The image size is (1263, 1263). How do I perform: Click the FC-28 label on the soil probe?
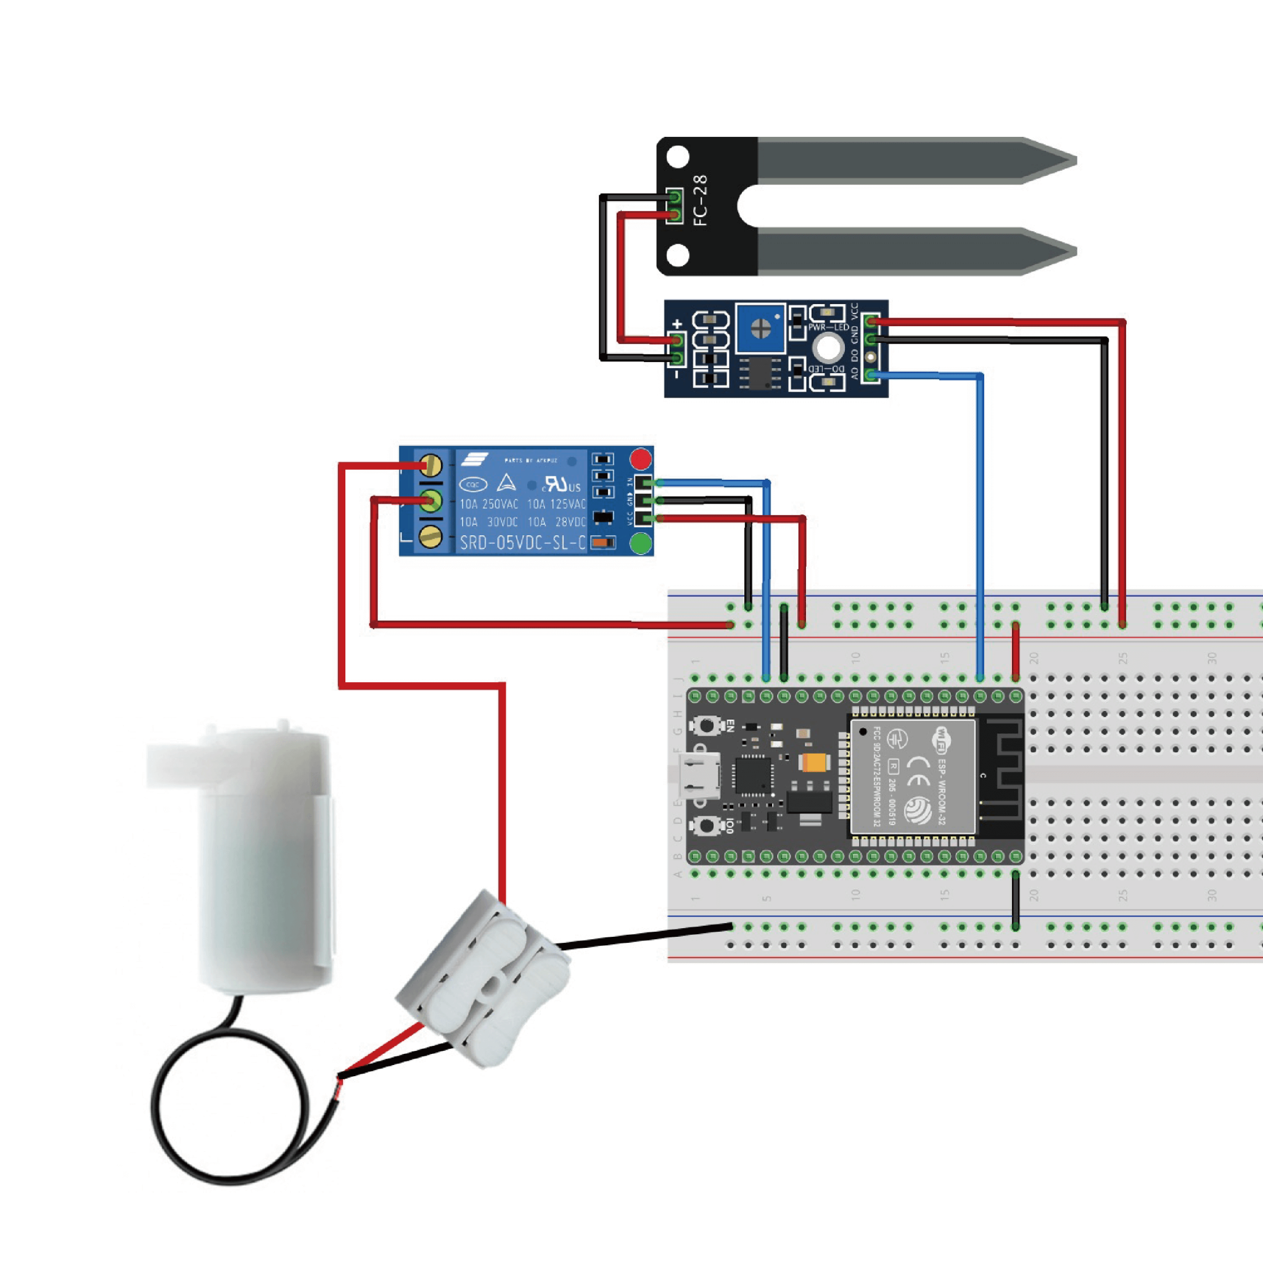tap(700, 200)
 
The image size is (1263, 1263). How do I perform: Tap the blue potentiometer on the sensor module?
tap(760, 327)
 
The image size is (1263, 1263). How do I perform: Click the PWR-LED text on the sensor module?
tap(828, 327)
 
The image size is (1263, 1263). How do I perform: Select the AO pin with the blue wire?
tap(870, 374)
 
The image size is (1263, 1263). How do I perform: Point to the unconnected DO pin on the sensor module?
tap(870, 357)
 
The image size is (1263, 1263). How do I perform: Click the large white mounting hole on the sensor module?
tap(828, 348)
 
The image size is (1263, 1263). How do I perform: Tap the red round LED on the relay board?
tap(641, 459)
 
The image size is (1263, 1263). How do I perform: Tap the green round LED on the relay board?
tap(641, 543)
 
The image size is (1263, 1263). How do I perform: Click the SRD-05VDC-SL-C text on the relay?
tap(522, 543)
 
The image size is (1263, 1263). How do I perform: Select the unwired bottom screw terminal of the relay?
tap(430, 537)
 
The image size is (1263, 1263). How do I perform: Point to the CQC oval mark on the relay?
tap(473, 484)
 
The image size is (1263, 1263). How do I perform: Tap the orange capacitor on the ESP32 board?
tap(815, 762)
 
